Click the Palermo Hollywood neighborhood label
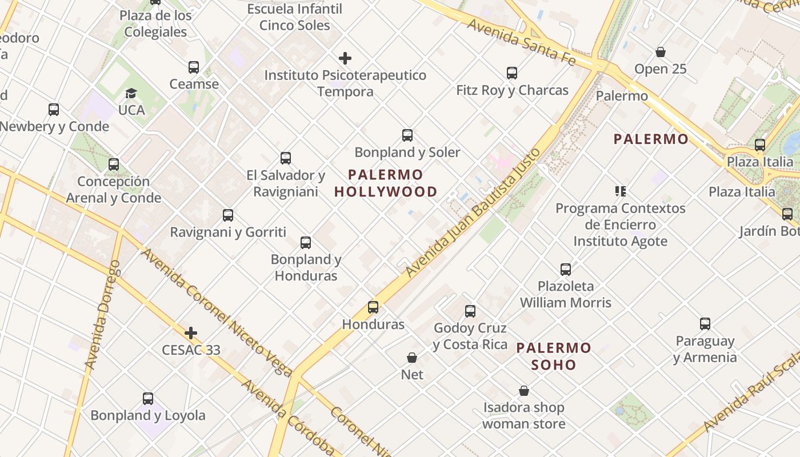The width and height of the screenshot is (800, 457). (386, 183)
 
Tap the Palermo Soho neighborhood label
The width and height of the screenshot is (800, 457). (554, 356)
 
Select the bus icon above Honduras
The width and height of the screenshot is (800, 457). (373, 307)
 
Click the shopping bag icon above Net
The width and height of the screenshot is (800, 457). (412, 358)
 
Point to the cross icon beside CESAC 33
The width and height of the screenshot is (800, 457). (191, 333)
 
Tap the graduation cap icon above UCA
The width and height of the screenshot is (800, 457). (131, 93)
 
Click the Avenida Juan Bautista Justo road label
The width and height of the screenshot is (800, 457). (474, 213)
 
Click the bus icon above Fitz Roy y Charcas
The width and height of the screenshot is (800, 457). (512, 73)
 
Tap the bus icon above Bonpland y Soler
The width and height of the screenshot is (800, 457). (407, 135)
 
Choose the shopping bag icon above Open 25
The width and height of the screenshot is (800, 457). (661, 53)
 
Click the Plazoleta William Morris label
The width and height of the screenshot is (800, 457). (566, 294)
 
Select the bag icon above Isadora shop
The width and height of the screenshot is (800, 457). (524, 391)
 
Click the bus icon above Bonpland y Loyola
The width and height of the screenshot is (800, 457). (148, 399)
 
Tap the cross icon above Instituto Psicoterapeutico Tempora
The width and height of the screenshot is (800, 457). (345, 58)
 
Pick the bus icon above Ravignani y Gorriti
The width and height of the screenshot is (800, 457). (228, 215)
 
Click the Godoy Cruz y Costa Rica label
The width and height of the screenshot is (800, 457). (470, 336)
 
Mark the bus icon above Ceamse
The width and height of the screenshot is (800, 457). (194, 67)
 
